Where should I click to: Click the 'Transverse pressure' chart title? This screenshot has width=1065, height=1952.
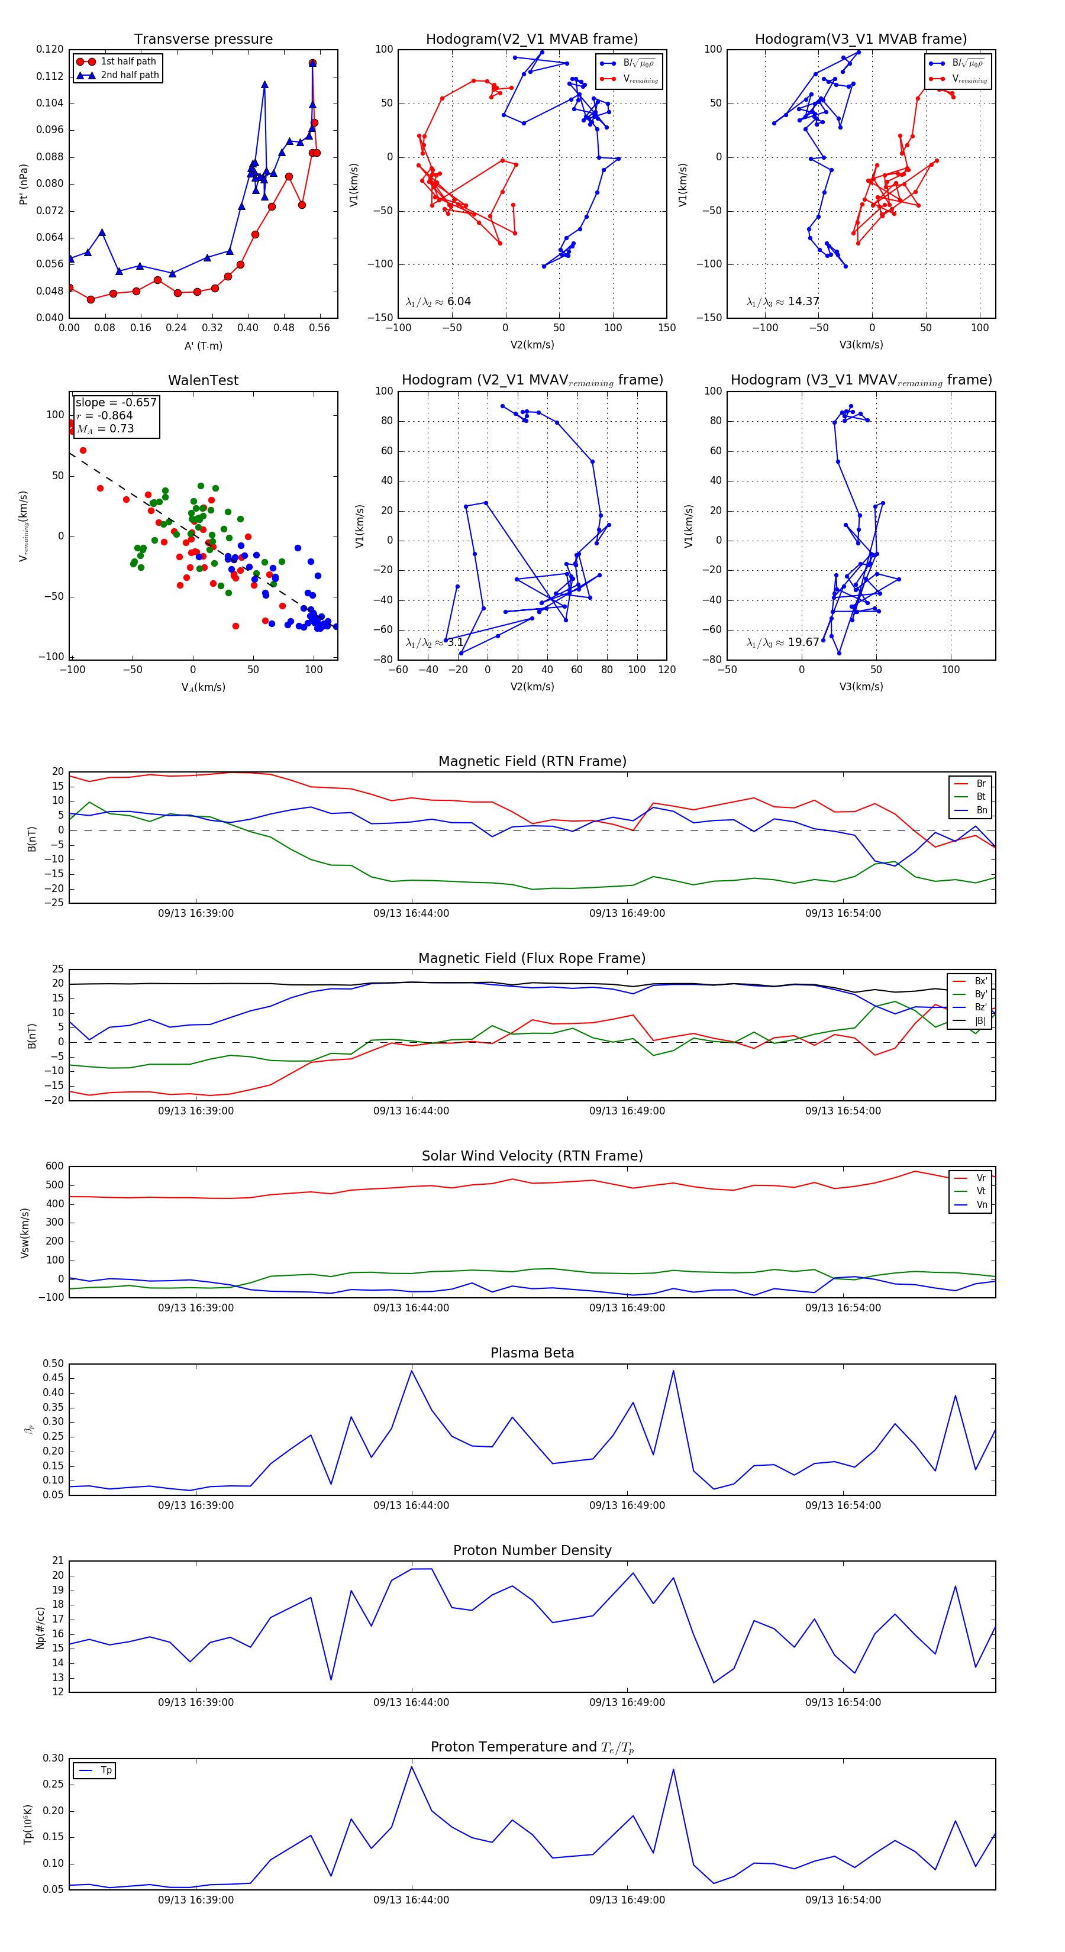(203, 40)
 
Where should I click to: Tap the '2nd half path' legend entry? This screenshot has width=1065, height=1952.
(130, 75)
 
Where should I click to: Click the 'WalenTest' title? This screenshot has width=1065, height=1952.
(203, 380)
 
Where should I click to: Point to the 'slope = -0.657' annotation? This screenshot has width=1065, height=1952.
(115, 402)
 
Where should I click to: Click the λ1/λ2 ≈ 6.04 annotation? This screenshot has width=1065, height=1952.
(438, 302)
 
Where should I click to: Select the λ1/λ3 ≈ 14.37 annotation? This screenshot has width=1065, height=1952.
(782, 302)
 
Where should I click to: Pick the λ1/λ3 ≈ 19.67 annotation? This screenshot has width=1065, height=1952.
(782, 642)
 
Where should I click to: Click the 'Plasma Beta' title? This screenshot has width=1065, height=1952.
(532, 1353)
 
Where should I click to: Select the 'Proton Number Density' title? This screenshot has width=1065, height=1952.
(532, 1550)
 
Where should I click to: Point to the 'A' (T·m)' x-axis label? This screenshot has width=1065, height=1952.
(203, 345)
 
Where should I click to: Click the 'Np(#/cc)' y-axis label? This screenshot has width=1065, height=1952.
(40, 1628)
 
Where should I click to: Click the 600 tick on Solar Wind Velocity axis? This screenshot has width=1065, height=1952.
(54, 1166)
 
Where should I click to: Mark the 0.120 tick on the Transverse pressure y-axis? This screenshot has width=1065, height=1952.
(50, 49)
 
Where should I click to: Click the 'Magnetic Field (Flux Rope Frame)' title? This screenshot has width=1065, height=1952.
(532, 959)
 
